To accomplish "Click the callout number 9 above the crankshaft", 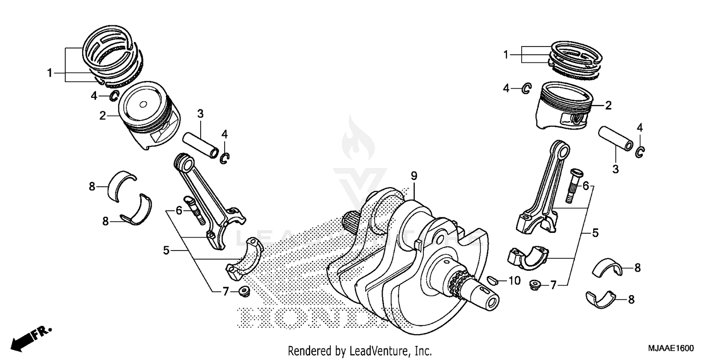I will [413, 176].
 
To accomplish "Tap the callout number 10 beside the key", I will [514, 281].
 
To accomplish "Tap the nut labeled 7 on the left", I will [243, 290].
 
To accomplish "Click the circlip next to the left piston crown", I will [114, 96].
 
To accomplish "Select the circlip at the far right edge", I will [640, 152].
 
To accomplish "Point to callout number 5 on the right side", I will [595, 234].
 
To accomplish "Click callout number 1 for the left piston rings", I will [49, 73].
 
